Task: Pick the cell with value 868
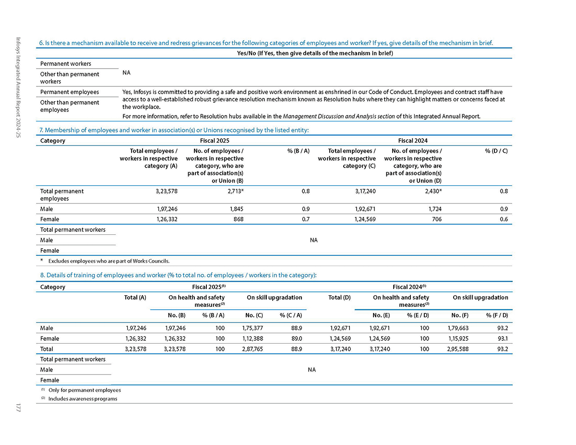238,219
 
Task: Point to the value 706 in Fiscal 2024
436,219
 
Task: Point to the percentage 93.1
502,339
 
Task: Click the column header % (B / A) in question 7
298,151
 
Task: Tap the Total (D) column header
339,298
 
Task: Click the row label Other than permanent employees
70,106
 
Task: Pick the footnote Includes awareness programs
83,399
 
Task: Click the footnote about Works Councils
108,261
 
